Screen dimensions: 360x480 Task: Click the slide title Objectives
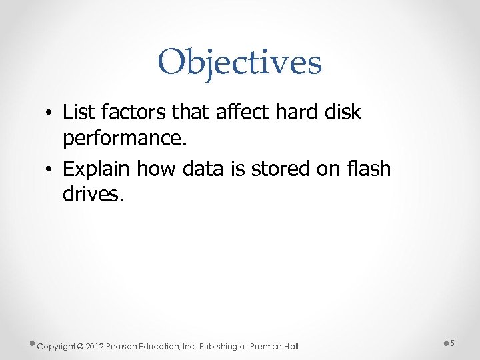(x=239, y=62)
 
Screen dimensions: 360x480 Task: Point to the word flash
(x=369, y=169)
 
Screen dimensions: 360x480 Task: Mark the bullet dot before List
(x=50, y=114)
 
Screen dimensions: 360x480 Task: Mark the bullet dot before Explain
(x=50, y=171)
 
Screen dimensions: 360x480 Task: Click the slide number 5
(x=451, y=343)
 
